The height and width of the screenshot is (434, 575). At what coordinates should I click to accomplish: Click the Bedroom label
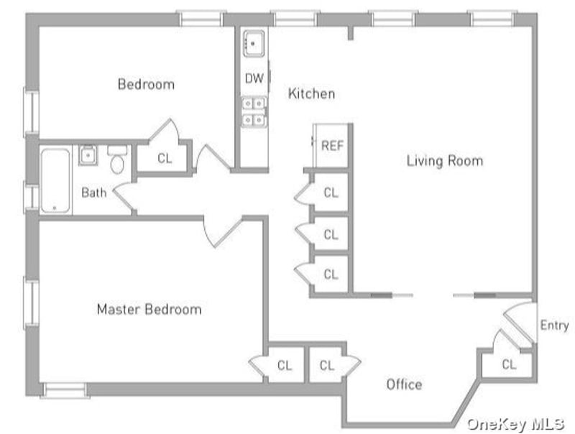click(x=146, y=84)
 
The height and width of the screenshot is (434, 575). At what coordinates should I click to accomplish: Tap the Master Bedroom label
click(x=149, y=310)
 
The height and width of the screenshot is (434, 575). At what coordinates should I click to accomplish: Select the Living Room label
click(x=445, y=161)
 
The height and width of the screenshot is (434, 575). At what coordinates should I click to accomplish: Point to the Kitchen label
click(x=311, y=93)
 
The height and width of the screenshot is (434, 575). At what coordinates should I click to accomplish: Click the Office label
click(x=404, y=384)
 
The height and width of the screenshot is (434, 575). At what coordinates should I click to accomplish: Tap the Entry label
click(x=554, y=325)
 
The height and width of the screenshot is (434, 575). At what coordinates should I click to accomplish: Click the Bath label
click(x=94, y=193)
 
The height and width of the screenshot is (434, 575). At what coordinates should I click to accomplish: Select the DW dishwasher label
click(x=254, y=78)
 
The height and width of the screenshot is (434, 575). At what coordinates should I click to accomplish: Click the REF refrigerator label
click(x=332, y=146)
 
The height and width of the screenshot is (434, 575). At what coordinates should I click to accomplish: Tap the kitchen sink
click(x=254, y=44)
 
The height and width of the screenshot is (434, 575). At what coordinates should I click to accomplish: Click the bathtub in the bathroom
click(x=55, y=180)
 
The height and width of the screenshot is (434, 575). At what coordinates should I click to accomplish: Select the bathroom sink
click(x=88, y=155)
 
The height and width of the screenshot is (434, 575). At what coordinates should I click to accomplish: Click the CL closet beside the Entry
click(x=509, y=364)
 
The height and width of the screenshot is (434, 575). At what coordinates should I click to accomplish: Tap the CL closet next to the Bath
click(x=165, y=158)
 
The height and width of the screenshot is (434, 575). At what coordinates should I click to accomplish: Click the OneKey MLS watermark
click(x=515, y=424)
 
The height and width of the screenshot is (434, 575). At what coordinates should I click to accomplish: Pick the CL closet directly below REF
click(x=331, y=193)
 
